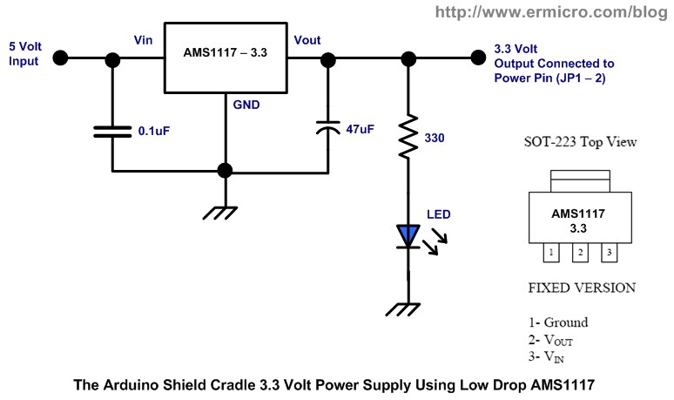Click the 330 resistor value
tap(435, 138)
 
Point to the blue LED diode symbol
tap(408, 235)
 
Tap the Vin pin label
tap(145, 41)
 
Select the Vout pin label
tap(307, 41)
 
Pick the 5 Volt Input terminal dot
tap(60, 58)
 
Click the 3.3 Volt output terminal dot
tap(476, 58)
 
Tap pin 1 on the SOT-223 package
tap(551, 252)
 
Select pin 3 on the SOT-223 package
tap(610, 252)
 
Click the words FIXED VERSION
tap(582, 288)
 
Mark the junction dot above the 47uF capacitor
tap(328, 58)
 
